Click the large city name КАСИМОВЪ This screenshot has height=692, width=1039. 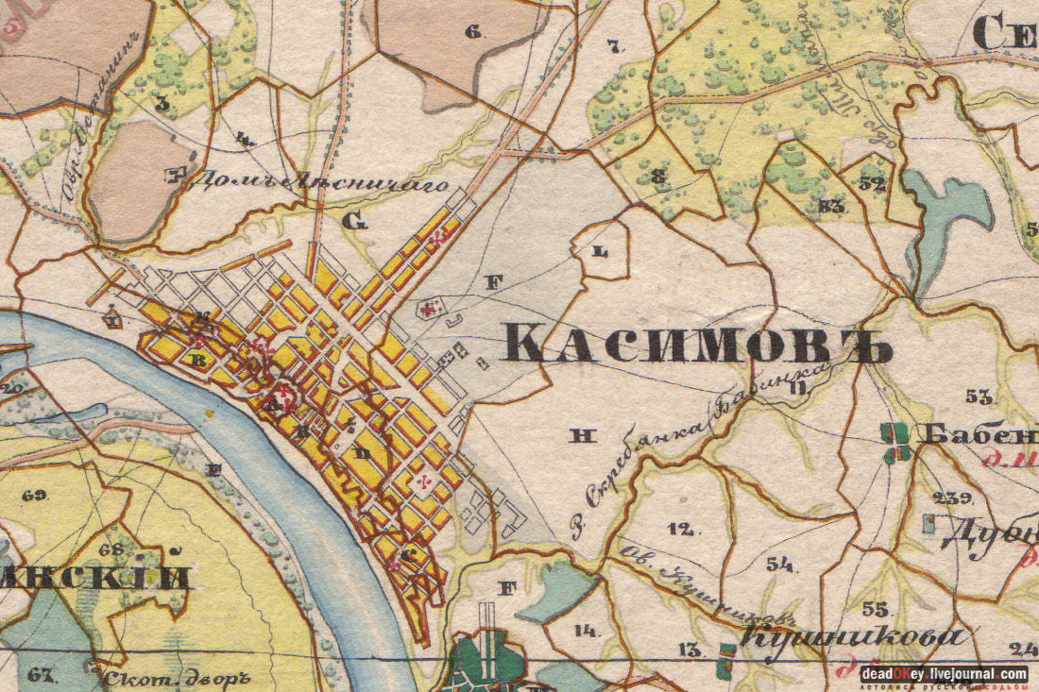click(696, 343)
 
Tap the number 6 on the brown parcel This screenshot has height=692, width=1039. click(473, 32)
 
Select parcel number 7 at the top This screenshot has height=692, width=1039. click(614, 44)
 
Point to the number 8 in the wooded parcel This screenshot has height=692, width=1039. click(659, 176)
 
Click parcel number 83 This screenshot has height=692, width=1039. click(831, 205)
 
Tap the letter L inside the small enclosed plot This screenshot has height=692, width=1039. click(598, 252)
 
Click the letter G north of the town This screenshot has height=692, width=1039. click(354, 222)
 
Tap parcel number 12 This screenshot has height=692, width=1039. click(682, 529)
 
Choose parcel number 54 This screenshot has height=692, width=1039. click(780, 565)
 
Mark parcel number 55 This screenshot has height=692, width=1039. click(876, 608)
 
